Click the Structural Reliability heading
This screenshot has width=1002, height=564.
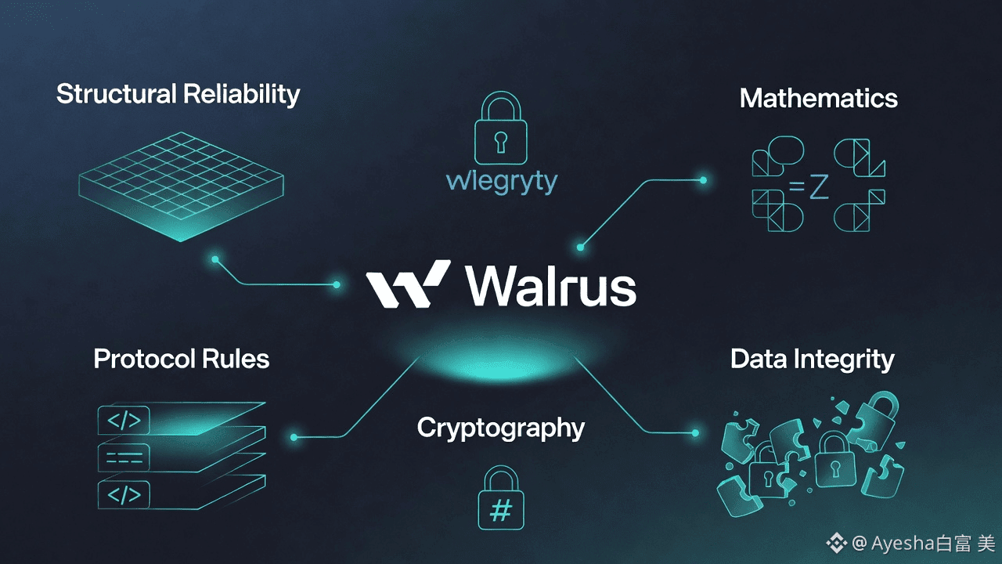(178, 94)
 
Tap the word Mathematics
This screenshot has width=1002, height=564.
(818, 98)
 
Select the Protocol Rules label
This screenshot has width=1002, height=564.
(181, 359)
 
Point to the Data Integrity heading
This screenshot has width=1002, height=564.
(812, 359)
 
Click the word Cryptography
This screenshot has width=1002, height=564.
(500, 428)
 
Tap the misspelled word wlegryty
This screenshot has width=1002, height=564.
(501, 182)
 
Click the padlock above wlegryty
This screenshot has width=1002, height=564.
(501, 130)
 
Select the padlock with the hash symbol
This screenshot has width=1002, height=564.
(501, 500)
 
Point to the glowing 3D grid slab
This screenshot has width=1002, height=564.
(181, 186)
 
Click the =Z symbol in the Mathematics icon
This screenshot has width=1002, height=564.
(808, 188)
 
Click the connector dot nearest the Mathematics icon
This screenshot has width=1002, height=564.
(703, 180)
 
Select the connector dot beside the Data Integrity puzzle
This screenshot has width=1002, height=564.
(695, 432)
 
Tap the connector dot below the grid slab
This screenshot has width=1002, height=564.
(214, 258)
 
